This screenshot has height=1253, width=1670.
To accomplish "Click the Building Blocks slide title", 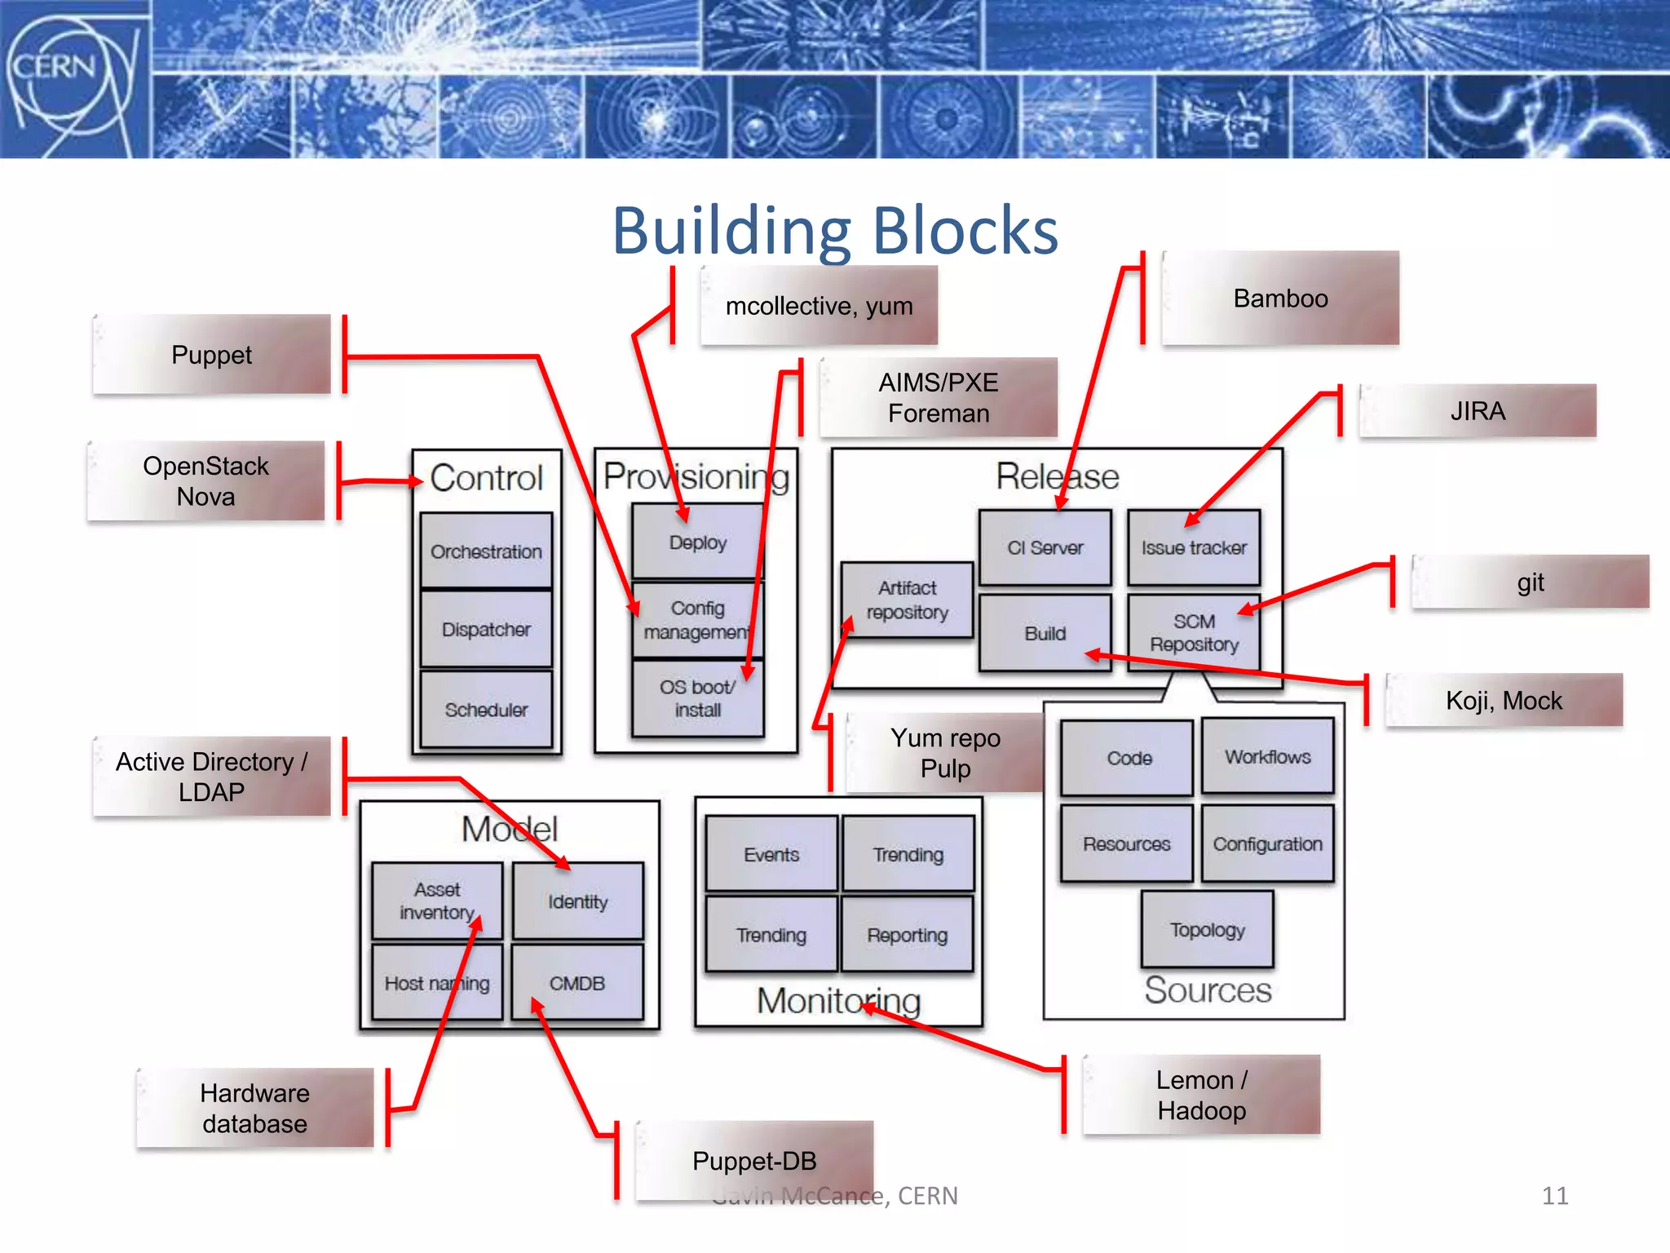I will click(x=835, y=231).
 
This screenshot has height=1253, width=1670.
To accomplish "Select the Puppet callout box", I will click(x=212, y=355).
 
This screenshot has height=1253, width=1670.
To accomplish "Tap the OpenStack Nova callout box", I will click(x=206, y=481).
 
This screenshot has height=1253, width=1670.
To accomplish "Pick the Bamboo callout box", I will click(x=1280, y=299).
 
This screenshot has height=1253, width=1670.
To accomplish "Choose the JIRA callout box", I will click(x=1477, y=411).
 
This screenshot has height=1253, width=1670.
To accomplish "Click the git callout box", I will click(x=1530, y=582).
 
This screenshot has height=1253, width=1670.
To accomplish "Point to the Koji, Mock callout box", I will click(x=1504, y=701).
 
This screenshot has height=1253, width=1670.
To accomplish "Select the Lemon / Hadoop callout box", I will click(x=1201, y=1095).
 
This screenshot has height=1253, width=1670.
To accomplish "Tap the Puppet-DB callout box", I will click(x=754, y=1160).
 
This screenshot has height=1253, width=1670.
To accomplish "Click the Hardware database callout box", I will click(x=255, y=1108).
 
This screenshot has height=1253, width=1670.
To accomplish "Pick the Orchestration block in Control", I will click(x=486, y=551).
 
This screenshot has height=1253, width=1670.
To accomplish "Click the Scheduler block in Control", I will click(x=486, y=710).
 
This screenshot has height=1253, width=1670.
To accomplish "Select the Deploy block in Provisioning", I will click(x=698, y=542).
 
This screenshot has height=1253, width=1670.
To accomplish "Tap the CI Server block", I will click(x=1045, y=548).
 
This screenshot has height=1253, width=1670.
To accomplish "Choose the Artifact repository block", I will click(x=907, y=600).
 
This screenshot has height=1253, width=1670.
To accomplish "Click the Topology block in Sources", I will click(x=1207, y=930).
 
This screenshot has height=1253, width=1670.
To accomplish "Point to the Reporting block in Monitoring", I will click(x=907, y=935).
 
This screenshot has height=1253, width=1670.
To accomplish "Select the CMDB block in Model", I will click(x=577, y=983).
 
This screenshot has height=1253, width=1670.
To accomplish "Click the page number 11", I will click(x=1554, y=1196).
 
